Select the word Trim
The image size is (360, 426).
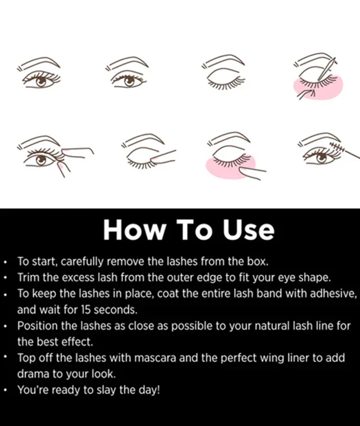(x=28, y=277)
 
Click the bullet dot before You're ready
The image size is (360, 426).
(x=6, y=389)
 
